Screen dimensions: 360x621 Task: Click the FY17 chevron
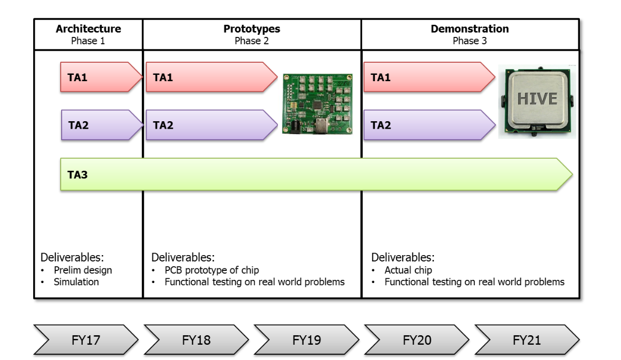click(86, 340)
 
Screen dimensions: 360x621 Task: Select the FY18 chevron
click(196, 340)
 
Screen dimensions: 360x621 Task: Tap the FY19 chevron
click(306, 340)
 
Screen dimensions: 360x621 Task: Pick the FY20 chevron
click(416, 340)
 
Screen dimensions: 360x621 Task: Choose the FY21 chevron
click(527, 340)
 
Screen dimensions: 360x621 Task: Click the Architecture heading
click(88, 29)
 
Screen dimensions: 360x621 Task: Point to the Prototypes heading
click(251, 29)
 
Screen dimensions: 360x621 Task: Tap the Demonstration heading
click(470, 29)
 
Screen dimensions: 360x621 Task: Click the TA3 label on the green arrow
click(77, 174)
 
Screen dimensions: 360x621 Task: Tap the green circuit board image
click(317, 104)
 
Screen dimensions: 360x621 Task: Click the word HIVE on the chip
click(537, 99)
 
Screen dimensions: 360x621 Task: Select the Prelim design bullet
click(83, 270)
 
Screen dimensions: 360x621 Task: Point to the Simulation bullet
click(76, 282)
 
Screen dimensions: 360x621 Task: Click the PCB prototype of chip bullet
click(211, 270)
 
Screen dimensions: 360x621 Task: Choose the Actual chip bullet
click(408, 270)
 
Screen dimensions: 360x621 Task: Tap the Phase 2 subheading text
click(251, 41)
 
